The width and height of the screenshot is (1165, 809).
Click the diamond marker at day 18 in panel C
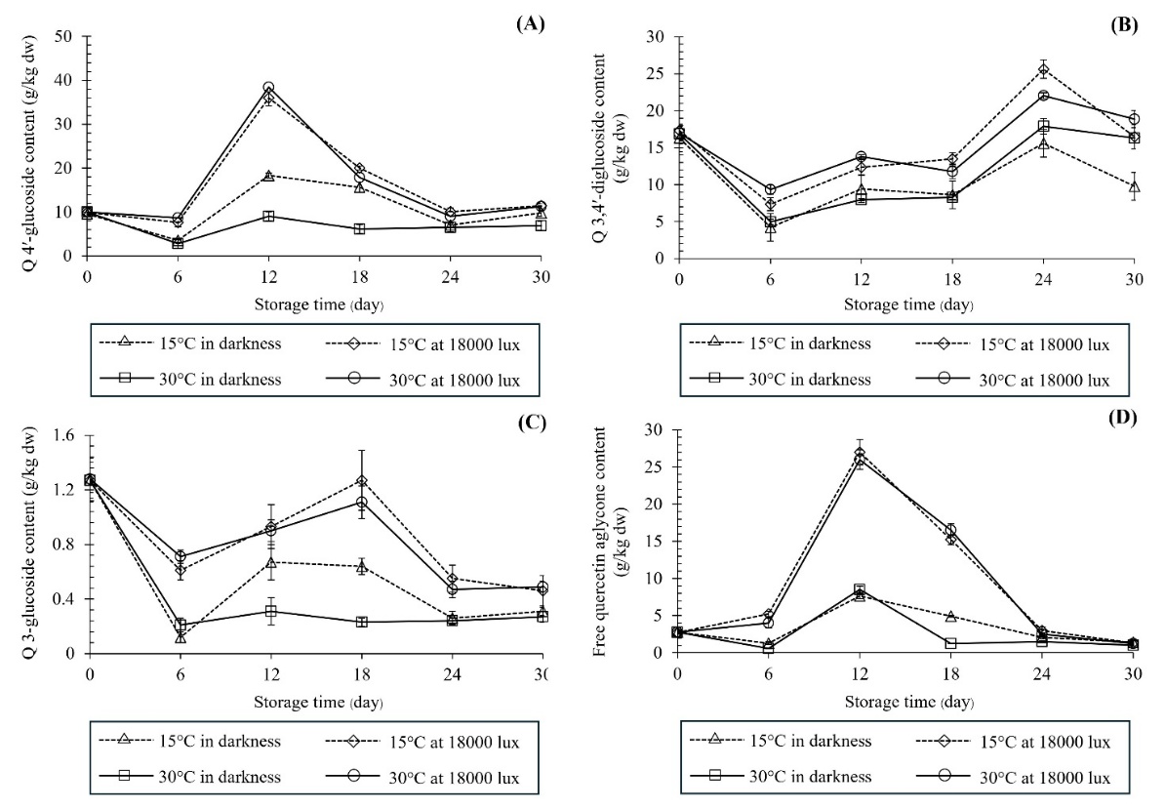[x=389, y=481]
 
